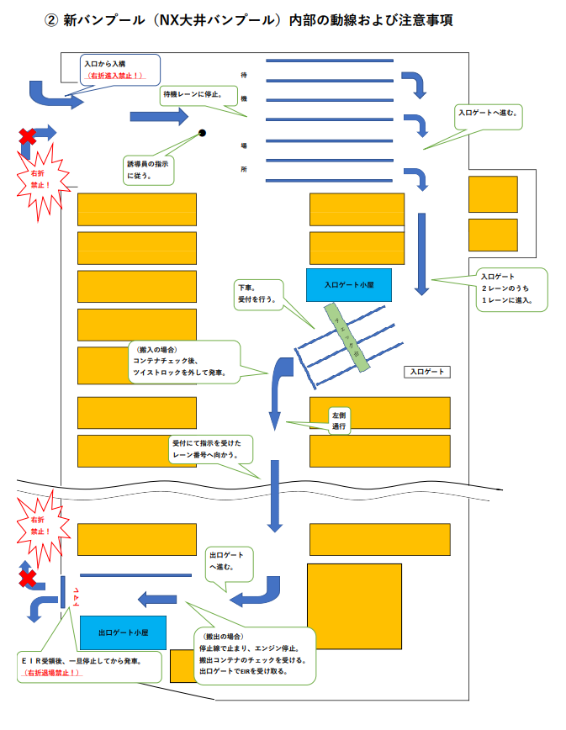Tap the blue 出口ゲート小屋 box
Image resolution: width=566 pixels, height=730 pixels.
pos(123,632)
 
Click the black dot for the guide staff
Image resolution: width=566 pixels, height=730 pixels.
pos(202,132)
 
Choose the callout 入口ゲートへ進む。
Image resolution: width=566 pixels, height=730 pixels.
pos(489,112)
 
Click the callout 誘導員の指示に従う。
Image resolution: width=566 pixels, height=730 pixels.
pos(148,169)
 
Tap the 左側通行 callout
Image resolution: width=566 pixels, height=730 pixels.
pos(341,421)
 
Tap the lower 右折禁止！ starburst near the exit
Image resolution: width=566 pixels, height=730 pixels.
pos(40,526)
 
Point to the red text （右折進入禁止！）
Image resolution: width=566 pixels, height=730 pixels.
pos(114,76)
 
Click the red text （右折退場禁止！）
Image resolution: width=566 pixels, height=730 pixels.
pos(53,673)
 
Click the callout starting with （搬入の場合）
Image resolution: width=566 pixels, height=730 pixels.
pos(181,361)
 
